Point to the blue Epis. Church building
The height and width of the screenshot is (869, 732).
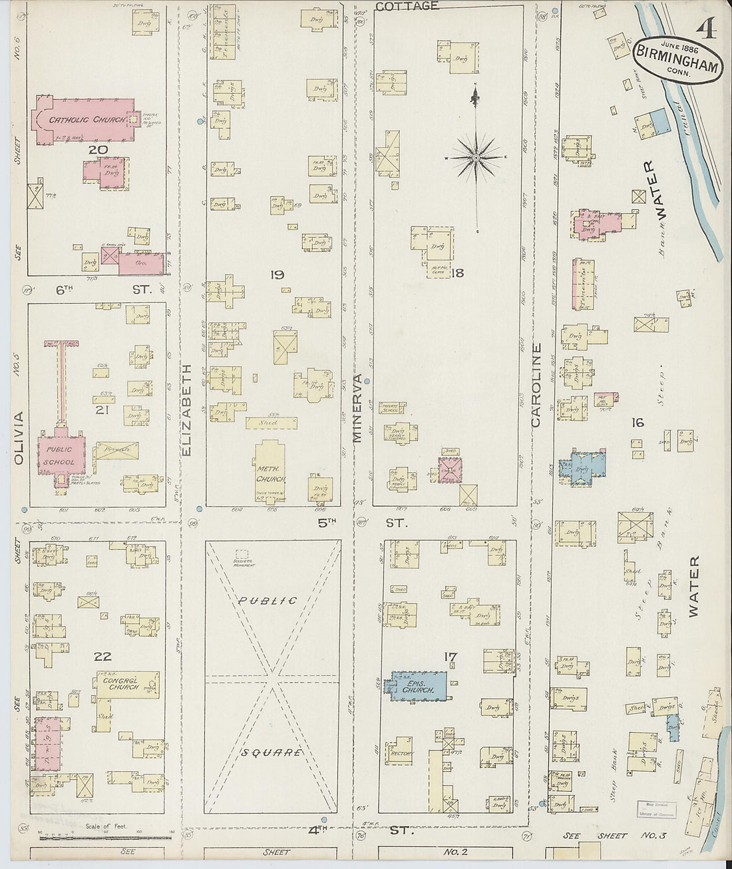418,686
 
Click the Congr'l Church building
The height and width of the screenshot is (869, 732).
125,684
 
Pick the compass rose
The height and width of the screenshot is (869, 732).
476,158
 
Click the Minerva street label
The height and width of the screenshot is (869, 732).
357,408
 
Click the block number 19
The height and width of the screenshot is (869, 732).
277,274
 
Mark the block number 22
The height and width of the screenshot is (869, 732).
102,656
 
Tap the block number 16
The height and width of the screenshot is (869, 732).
638,422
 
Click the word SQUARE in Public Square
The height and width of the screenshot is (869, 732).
273,753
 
